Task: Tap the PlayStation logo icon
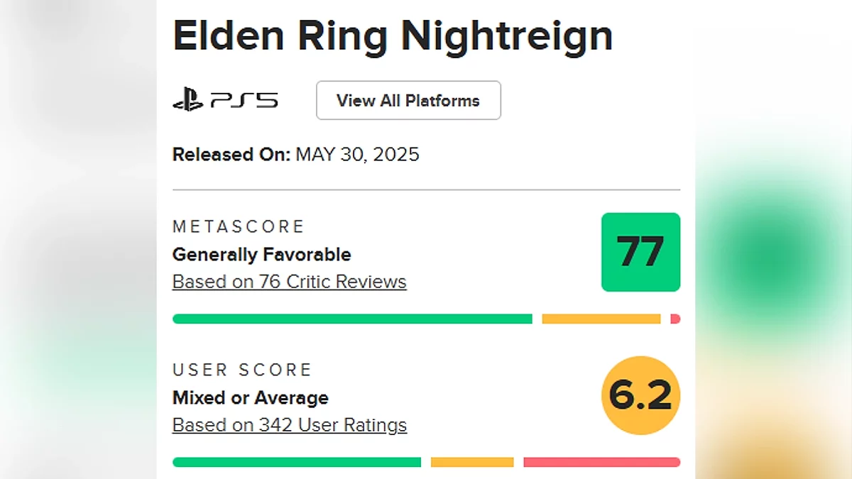click(187, 101)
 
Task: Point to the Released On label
click(231, 155)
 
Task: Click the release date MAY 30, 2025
click(357, 155)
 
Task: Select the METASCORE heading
click(239, 226)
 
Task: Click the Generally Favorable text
click(261, 254)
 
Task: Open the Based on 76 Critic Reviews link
click(289, 282)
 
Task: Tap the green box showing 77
click(640, 252)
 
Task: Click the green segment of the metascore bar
click(352, 319)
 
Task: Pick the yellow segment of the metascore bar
click(601, 319)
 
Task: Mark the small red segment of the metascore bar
click(675, 319)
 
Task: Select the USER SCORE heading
click(242, 370)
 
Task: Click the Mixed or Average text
click(250, 397)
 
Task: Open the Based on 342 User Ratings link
click(290, 425)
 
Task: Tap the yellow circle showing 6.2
click(640, 395)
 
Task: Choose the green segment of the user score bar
click(297, 463)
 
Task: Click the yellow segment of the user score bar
click(472, 463)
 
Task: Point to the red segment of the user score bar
click(601, 463)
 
